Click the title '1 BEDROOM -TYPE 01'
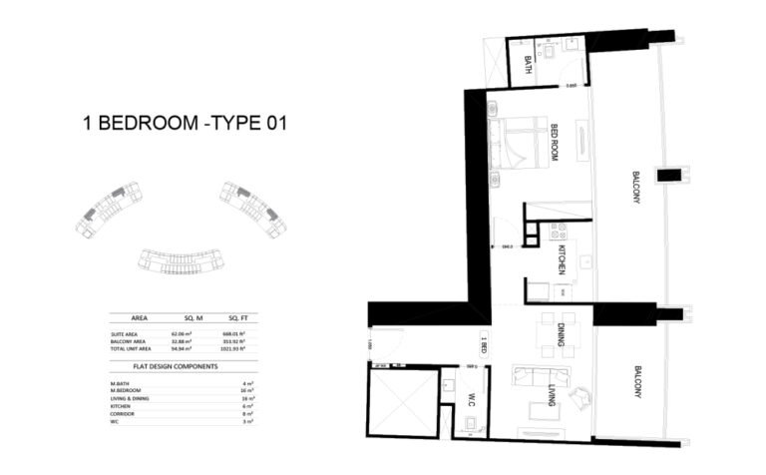point(185,125)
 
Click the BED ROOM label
point(556,143)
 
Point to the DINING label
point(562,333)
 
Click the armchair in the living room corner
point(578,396)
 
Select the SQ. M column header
point(180,315)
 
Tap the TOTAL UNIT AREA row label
point(134,348)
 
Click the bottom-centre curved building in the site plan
point(180,260)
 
